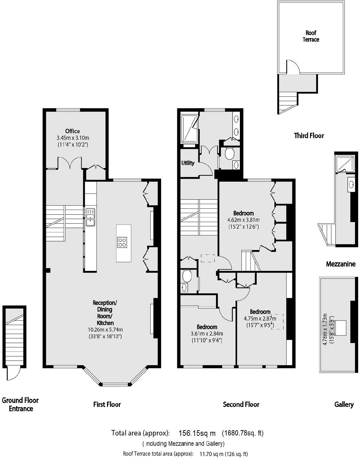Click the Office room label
[x=72, y=131]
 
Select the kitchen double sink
[x=91, y=217]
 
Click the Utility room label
[x=188, y=163]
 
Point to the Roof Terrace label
[x=311, y=36]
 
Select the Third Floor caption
[x=309, y=136]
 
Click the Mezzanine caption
[x=340, y=264]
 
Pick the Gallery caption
[x=344, y=404]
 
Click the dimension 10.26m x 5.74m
[x=105, y=330]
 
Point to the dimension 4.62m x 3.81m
[x=243, y=220]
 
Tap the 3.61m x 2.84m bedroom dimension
[x=207, y=334]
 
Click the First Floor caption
[x=107, y=404]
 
